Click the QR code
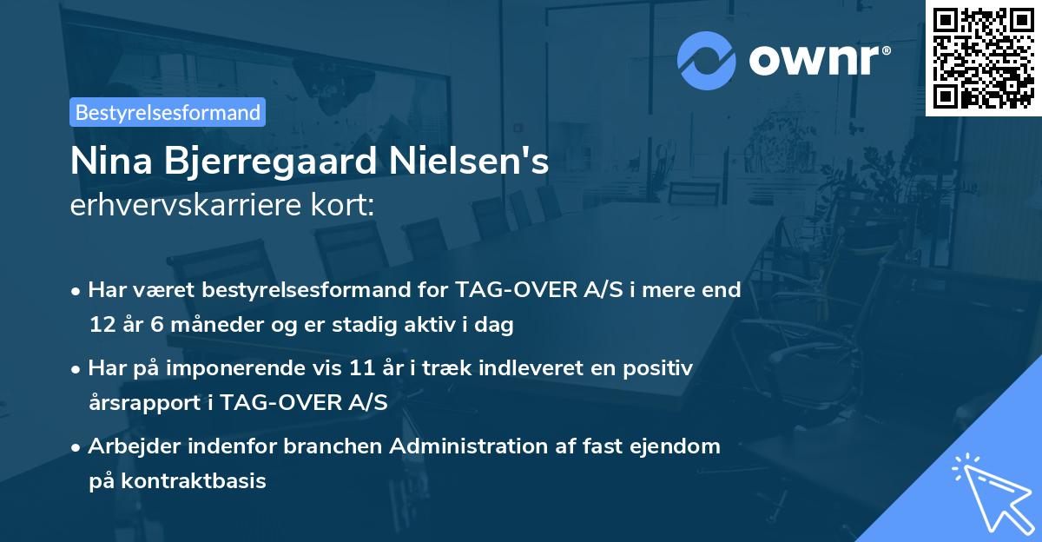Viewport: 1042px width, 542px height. [983, 58]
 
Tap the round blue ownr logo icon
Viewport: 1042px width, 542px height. [707, 60]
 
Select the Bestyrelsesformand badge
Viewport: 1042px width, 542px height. [168, 112]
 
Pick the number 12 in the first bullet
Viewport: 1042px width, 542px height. [102, 326]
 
